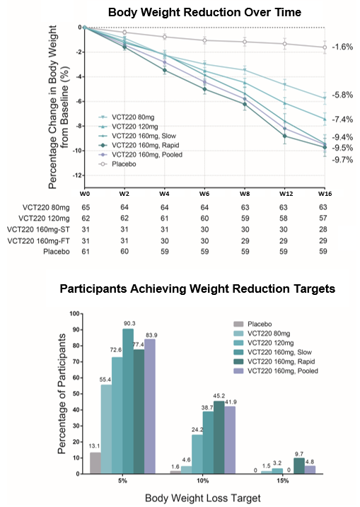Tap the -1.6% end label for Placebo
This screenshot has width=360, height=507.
[x=342, y=47]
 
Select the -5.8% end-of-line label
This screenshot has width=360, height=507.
[x=342, y=95]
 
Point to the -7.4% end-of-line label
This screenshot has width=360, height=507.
[x=342, y=120]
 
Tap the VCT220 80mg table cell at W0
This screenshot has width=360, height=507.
[x=84, y=206]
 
